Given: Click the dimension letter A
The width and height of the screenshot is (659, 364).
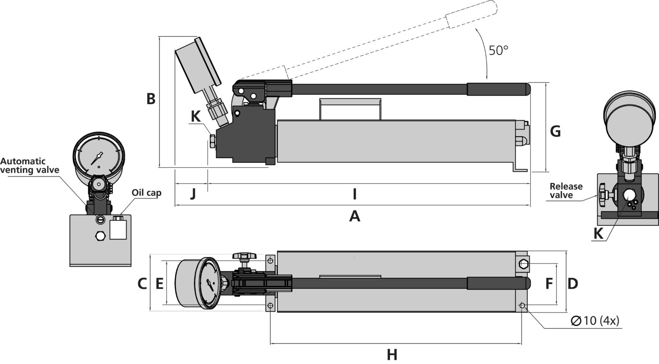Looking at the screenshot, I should point(354,216).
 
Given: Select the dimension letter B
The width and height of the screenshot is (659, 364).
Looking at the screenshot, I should point(151,99).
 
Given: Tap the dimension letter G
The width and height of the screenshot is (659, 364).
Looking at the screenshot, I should point(555,131).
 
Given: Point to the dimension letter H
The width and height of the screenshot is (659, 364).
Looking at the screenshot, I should point(392,354).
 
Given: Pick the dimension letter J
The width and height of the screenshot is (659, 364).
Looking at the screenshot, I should point(192,193).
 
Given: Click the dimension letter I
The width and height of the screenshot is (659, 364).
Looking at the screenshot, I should point(354,193).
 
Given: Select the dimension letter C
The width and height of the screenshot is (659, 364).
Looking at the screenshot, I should point(142,284).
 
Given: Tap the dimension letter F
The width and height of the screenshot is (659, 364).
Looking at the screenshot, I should point(549,284).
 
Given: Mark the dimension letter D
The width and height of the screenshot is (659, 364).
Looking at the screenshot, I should point(572,284).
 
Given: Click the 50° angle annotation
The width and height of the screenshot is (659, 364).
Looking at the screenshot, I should point(498,50).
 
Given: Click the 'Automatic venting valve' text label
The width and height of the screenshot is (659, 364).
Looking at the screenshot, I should point(29,166).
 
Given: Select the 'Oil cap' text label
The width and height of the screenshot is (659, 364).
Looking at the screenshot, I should point(146,192).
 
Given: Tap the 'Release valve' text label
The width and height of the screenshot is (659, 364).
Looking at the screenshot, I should point(566,191).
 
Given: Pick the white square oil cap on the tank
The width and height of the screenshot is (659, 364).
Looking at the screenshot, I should point(118,229).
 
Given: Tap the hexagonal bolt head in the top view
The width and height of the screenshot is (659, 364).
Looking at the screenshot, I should point(524,264).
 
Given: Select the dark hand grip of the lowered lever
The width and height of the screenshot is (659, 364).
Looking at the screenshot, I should point(498,89).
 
